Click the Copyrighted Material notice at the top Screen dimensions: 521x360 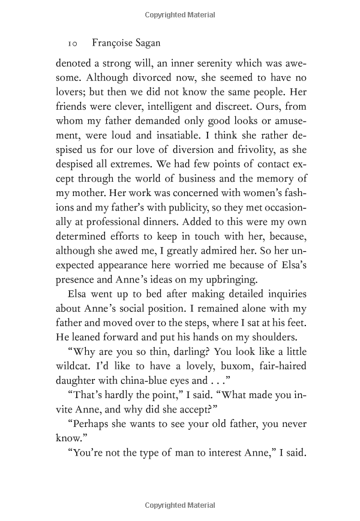click(179, 13)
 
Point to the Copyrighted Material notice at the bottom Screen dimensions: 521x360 click(179, 507)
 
